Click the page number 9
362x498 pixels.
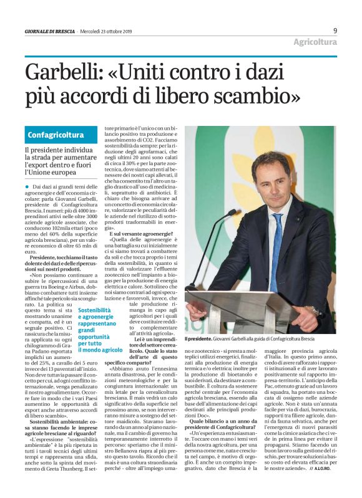tap(335, 30)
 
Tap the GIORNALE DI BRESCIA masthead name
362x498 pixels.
tap(50, 31)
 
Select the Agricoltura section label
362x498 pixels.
tap(316, 42)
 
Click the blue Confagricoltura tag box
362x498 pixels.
tap(56, 135)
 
